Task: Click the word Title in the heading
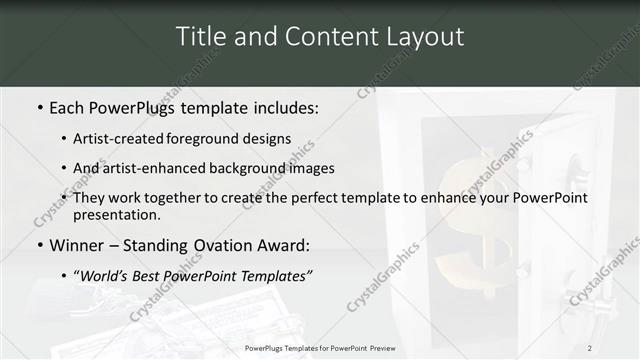coord(200,37)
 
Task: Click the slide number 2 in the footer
coord(589,347)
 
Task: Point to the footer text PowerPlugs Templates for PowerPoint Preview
coord(320,347)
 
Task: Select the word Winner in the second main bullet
coord(78,244)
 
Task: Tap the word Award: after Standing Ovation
coord(283,244)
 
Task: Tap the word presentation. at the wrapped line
coord(116,214)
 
